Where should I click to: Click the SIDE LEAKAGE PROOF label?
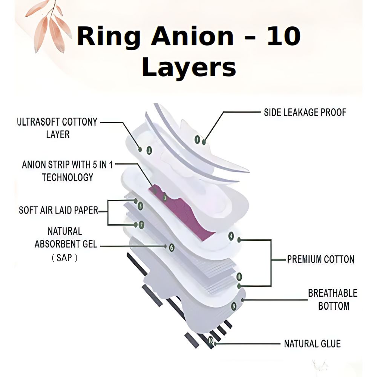tap(305, 112)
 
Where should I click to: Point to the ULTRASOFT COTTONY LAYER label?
tap(57, 128)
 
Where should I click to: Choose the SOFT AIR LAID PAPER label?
tap(58, 210)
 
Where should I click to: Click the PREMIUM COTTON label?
tap(320, 259)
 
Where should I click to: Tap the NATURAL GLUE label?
tap(312, 343)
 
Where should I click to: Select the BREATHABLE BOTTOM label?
tap(333, 299)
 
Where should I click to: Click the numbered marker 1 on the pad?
tap(197, 139)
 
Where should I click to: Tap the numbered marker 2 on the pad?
tap(149, 150)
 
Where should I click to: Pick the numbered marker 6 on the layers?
tap(172, 247)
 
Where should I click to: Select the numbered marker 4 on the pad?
tap(231, 237)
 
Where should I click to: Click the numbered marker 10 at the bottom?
tap(211, 340)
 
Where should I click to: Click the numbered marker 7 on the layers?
tap(141, 225)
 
